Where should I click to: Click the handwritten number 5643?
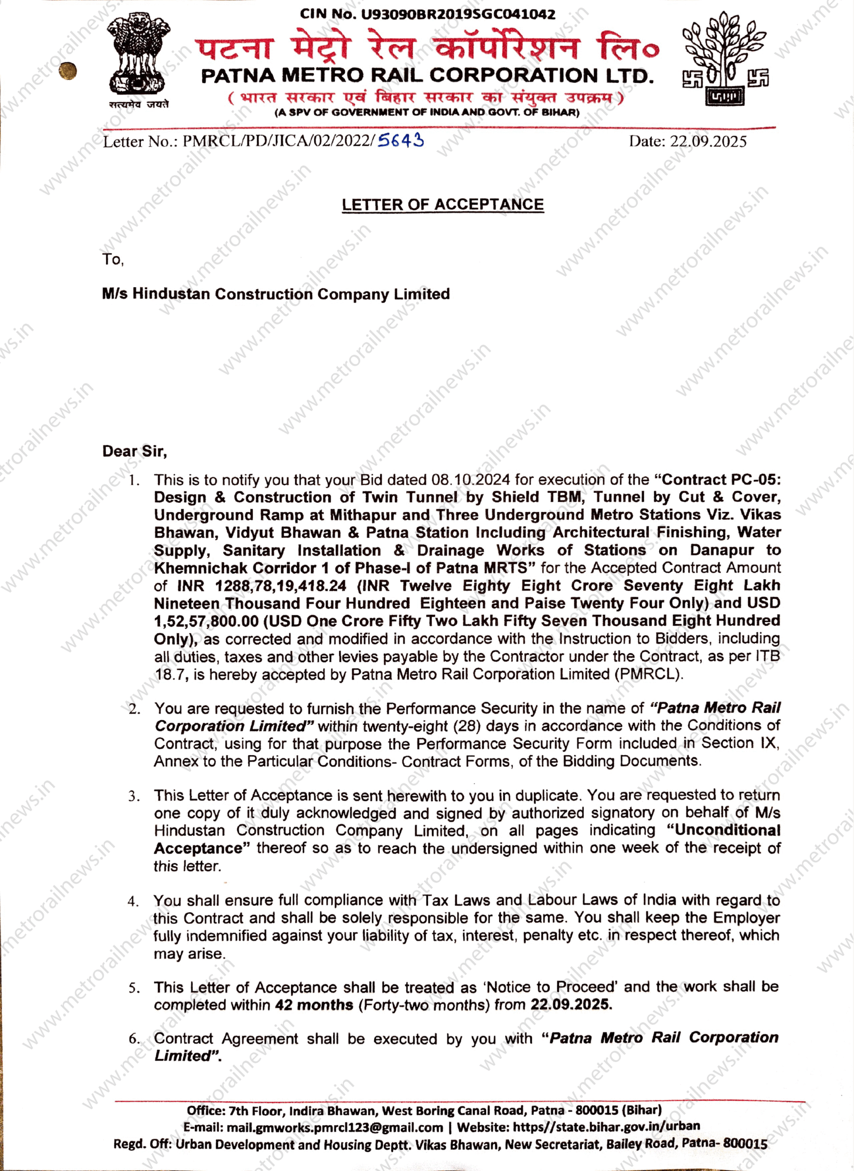tap(400, 140)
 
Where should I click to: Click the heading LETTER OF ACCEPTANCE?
tap(442, 204)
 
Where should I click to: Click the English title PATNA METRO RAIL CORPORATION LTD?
tap(427, 76)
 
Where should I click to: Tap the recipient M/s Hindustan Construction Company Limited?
tap(276, 294)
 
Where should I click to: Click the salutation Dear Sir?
tap(135, 452)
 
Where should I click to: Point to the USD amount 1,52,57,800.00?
tap(206, 621)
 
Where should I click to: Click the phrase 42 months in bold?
tap(314, 1004)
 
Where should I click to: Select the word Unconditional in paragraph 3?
tap(728, 830)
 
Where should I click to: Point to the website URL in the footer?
tap(606, 1126)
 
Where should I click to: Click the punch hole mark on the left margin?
tap(68, 71)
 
